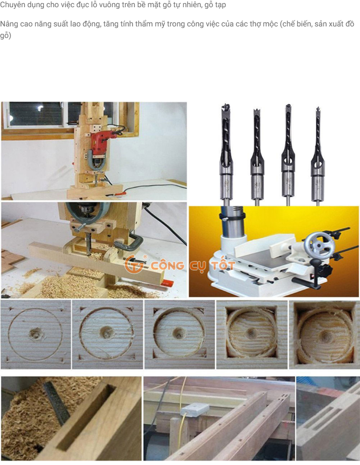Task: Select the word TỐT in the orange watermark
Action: [x=222, y=266]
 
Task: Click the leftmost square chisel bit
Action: [x=227, y=154]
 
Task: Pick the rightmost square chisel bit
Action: [x=317, y=156]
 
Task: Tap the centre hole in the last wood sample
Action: [x=325, y=336]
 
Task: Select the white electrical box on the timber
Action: [x=195, y=410]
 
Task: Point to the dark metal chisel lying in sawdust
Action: [x=56, y=403]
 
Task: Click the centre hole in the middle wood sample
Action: [x=179, y=333]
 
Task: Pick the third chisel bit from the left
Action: [x=288, y=154]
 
